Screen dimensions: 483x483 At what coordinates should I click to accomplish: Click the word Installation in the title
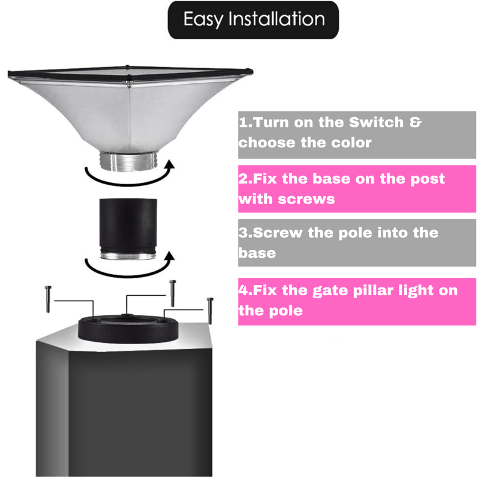tap(277, 19)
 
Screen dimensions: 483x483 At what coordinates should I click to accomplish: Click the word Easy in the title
tap(203, 20)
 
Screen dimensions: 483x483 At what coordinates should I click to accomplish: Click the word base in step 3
tap(257, 253)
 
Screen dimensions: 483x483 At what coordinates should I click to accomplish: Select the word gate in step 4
tap(330, 291)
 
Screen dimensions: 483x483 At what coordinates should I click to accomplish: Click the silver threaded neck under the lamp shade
tap(129, 161)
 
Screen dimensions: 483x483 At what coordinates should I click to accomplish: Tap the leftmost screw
tap(48, 299)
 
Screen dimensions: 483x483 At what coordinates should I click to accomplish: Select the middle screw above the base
tap(173, 293)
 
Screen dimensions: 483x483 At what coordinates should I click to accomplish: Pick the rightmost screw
tap(210, 310)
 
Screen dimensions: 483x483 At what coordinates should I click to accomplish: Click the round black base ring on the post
tap(128, 328)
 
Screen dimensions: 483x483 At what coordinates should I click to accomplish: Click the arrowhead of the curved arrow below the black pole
tap(169, 256)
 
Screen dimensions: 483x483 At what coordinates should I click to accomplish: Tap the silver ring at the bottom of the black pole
tap(128, 255)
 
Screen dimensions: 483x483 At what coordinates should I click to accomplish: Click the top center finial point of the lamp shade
tap(127, 66)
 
